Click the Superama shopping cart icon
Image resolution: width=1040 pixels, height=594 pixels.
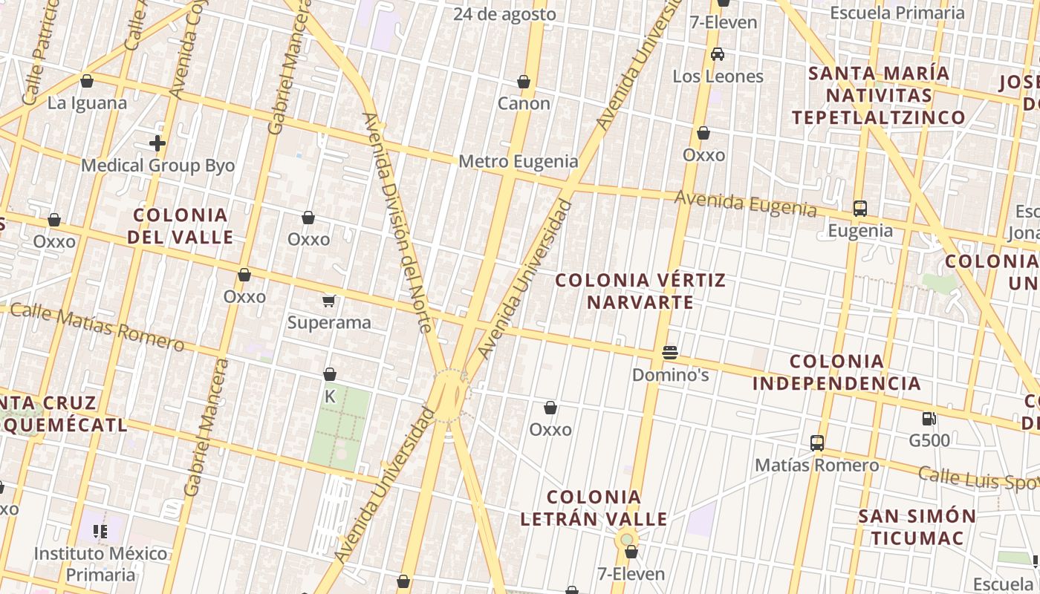tap(329, 301)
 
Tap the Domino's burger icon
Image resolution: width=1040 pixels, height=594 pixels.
tap(670, 352)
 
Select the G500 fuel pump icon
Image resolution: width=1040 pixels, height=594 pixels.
tap(929, 419)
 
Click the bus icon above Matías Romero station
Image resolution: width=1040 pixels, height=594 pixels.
tap(817, 443)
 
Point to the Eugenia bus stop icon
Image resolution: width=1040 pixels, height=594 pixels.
tap(860, 209)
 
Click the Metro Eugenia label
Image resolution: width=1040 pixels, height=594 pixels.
tap(518, 161)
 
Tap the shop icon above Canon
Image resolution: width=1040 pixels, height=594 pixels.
tap(524, 82)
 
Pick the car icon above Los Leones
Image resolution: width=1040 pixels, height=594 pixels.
tap(718, 54)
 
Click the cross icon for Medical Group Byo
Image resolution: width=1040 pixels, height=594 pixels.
tap(157, 143)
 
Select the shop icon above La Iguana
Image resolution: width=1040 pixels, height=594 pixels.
tap(87, 81)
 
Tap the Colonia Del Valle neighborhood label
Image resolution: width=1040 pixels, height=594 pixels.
tap(180, 226)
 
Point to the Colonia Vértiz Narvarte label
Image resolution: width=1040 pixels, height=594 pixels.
tap(640, 291)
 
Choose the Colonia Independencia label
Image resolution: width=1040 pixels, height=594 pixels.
tap(836, 372)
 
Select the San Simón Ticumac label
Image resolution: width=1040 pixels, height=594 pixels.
tap(917, 526)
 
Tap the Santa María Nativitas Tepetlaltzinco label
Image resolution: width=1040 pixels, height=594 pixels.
tap(878, 95)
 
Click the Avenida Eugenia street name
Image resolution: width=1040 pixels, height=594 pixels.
tap(745, 203)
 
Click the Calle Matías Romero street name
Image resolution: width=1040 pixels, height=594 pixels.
tap(97, 326)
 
